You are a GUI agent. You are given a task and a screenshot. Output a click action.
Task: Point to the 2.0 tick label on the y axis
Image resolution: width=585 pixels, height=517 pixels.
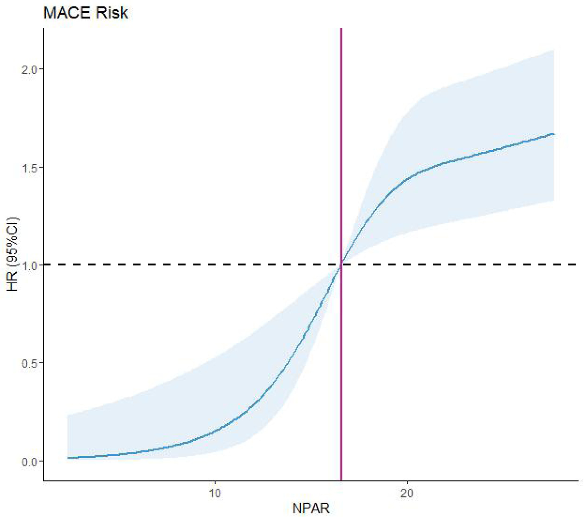30,69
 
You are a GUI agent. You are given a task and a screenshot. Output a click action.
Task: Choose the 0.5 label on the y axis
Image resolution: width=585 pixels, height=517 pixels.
30,363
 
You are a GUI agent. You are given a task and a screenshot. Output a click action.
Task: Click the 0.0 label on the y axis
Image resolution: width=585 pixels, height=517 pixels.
30,462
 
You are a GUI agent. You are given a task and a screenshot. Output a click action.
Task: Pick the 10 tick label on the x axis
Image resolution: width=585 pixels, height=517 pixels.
214,493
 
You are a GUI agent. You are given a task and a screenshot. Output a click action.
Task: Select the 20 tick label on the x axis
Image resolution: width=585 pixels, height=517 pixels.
407,493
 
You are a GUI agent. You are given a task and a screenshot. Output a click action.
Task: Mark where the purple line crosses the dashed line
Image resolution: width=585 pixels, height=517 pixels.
341,265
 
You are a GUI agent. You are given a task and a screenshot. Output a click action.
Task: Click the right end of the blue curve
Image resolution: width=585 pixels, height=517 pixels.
554,134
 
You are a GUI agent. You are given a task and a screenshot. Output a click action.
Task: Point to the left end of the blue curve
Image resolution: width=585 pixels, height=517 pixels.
68,458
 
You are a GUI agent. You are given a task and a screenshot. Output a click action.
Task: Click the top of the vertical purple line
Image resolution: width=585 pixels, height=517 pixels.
341,29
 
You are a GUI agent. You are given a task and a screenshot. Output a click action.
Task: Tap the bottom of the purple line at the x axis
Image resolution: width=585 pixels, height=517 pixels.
341,480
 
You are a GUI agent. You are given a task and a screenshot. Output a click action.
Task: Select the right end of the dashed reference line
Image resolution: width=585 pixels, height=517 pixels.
576,265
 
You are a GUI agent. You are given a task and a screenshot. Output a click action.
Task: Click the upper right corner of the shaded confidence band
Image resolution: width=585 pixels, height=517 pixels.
554,50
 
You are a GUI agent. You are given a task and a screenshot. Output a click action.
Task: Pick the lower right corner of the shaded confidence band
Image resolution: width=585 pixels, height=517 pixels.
554,201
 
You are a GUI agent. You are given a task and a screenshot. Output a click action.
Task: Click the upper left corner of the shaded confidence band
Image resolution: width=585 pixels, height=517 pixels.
68,416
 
